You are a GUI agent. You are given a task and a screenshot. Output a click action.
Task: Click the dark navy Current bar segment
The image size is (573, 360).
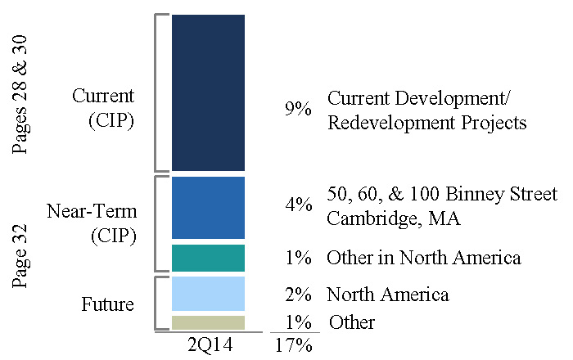[x=208, y=92]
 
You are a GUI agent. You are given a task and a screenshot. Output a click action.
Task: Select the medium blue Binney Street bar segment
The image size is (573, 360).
[x=208, y=208]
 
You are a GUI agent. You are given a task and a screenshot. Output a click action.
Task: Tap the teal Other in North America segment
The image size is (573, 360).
[x=208, y=258]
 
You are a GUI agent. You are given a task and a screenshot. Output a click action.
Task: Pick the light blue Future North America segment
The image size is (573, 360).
[x=208, y=294]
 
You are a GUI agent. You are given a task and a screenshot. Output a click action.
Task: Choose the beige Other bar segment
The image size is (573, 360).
[x=208, y=322]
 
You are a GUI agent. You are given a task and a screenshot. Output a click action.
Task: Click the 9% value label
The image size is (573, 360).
[x=298, y=109]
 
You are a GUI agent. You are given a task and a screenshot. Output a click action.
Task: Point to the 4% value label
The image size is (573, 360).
[x=299, y=205]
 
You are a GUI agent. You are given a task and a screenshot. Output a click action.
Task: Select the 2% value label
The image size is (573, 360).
[x=298, y=295]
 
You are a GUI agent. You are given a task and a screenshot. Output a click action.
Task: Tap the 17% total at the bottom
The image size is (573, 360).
[x=293, y=345]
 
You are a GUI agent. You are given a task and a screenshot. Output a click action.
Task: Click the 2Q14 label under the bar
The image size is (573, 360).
[x=210, y=344]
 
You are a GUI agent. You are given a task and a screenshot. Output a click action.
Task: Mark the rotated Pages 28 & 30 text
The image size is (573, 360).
[x=20, y=94]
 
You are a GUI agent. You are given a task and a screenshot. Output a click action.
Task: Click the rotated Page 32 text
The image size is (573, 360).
[x=20, y=256]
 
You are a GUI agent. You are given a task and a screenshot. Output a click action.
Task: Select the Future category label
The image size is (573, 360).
[x=107, y=304]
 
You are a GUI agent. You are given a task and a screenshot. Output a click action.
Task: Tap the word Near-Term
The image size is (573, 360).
[x=92, y=211]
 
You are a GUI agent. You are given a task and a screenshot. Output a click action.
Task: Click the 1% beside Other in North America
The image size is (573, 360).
[x=298, y=258]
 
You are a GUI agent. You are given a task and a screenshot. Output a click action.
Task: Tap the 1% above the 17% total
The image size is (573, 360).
[x=298, y=322]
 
